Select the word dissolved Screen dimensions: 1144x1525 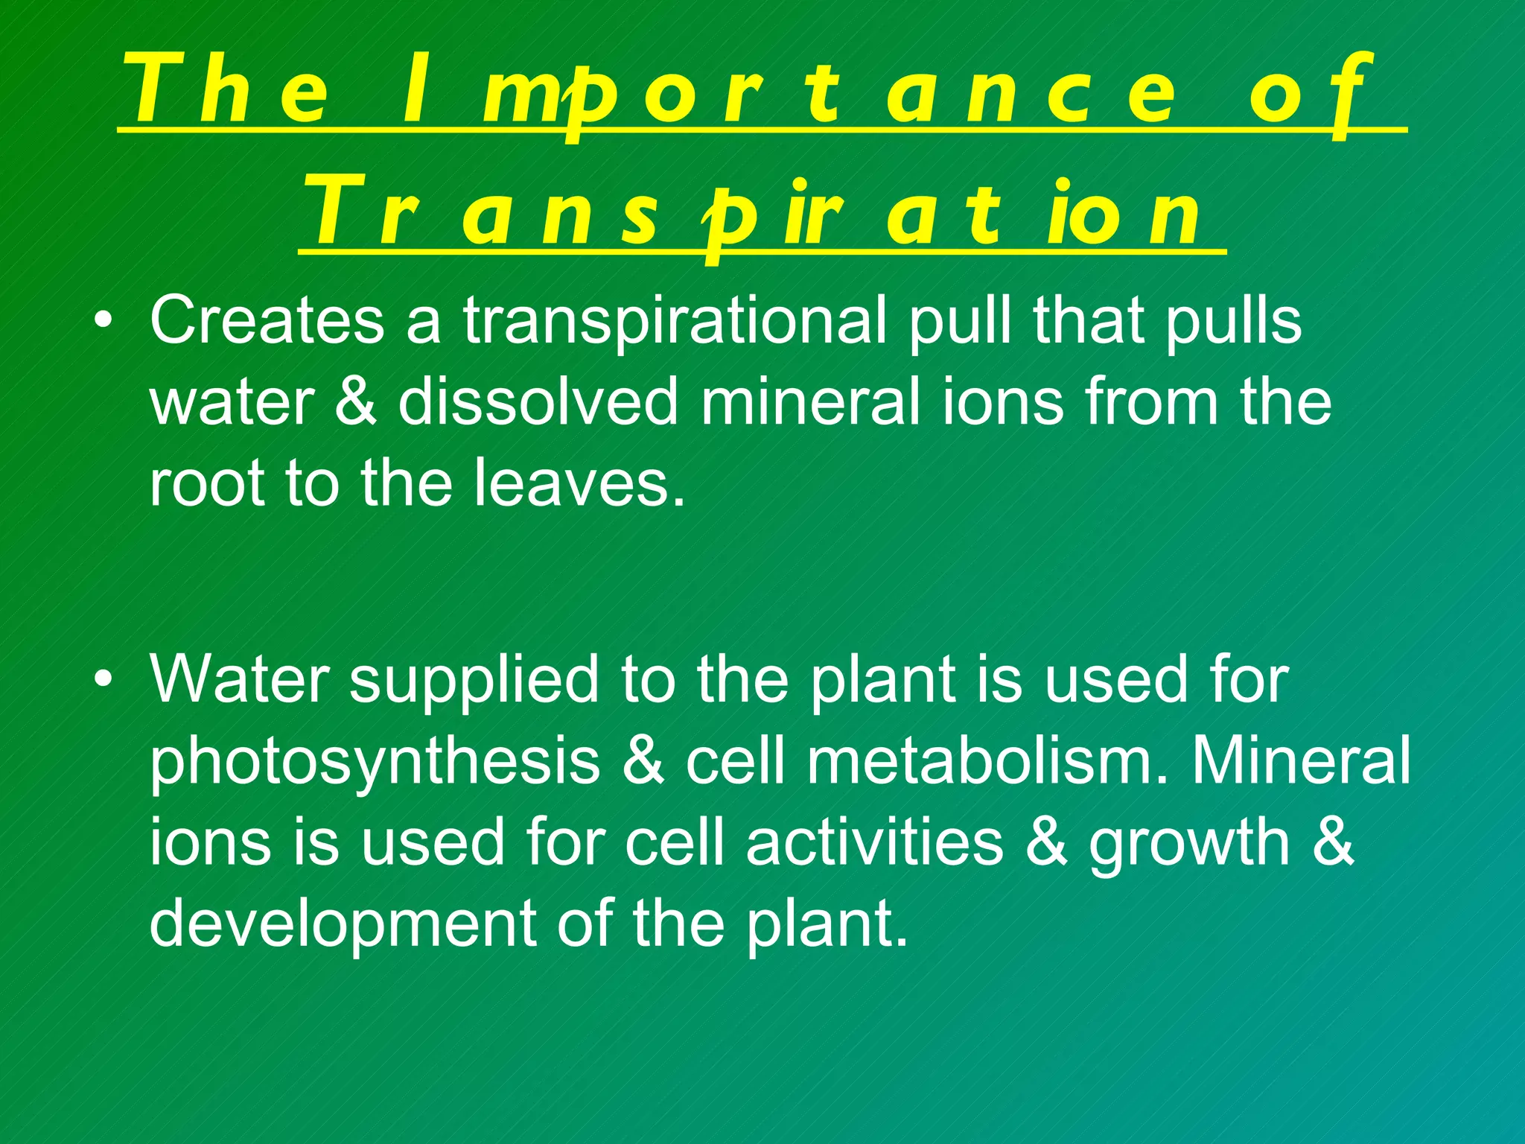click(x=538, y=402)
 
